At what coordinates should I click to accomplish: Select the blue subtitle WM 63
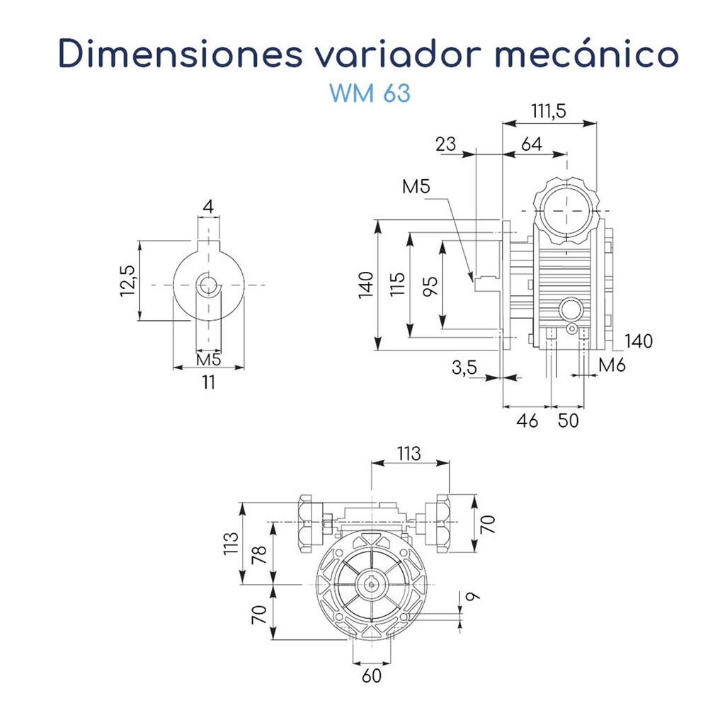tap(370, 93)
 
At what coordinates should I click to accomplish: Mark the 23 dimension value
tap(445, 144)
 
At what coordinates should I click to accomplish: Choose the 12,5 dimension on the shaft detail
tap(127, 282)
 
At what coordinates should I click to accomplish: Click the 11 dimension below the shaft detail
tap(208, 382)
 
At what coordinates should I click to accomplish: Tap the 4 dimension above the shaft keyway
tap(207, 207)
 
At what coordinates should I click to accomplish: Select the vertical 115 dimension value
tap(398, 285)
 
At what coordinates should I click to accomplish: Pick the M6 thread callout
tap(612, 365)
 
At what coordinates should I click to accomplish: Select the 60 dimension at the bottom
tap(371, 675)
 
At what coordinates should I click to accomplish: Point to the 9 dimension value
tap(472, 596)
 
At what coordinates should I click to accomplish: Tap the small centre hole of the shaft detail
tap(208, 285)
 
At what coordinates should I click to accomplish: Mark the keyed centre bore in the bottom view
tap(370, 585)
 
